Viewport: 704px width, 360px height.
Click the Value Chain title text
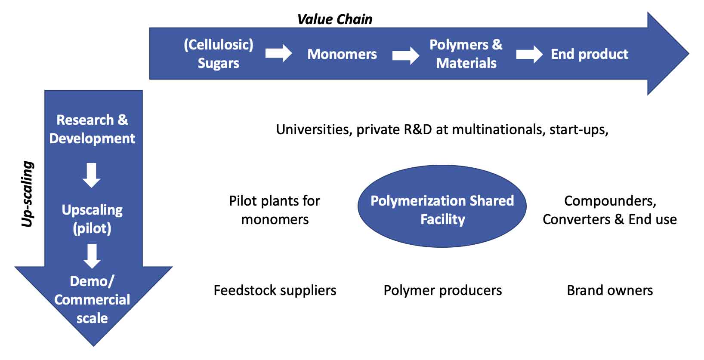(x=335, y=19)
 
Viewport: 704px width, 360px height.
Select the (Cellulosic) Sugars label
(x=219, y=54)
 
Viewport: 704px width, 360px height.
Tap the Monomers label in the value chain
(x=342, y=54)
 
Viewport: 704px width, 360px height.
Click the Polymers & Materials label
(x=466, y=54)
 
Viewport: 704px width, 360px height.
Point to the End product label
(x=589, y=54)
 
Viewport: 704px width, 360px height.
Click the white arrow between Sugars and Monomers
(x=278, y=54)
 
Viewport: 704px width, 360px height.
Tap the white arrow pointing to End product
(x=529, y=54)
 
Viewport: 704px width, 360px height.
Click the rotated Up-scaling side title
(x=28, y=194)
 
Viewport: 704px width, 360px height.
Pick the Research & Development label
(x=92, y=129)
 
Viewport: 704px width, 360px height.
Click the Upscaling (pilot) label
(x=92, y=218)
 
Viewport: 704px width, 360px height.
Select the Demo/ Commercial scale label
(x=92, y=299)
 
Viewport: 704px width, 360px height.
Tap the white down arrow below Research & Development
(x=92, y=175)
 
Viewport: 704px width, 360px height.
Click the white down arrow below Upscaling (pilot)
(x=92, y=256)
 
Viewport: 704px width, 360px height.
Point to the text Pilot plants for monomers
(x=275, y=210)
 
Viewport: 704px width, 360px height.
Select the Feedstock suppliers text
(x=275, y=290)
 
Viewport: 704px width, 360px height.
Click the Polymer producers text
(x=442, y=290)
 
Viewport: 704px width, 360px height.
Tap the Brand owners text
(x=609, y=290)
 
